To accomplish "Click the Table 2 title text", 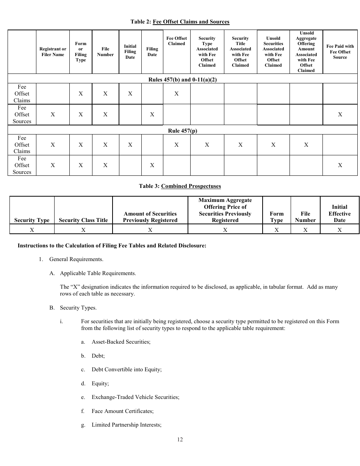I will [180, 22].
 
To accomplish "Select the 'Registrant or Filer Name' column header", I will [53, 52].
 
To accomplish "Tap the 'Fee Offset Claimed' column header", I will [176, 41].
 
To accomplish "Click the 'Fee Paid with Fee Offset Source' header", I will [340, 52].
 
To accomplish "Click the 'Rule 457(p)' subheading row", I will [182, 131].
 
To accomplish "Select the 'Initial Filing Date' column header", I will [130, 52].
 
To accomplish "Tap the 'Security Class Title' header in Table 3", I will [83, 220].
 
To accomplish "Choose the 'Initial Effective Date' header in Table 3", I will [340, 213].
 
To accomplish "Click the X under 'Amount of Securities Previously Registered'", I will [150, 230].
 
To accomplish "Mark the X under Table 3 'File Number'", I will [305, 230].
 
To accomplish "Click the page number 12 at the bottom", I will [180, 439].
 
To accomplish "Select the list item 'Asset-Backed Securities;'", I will [121, 342].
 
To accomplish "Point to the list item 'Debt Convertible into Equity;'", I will [127, 369].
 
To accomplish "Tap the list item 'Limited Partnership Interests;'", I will [127, 425].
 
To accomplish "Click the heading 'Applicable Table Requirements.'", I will [98, 273].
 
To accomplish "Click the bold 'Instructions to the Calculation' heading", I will [112, 246].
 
